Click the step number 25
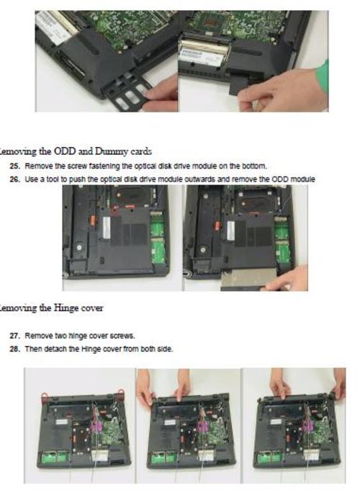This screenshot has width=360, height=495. [14, 166]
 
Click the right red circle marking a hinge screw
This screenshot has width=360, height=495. [120, 393]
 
